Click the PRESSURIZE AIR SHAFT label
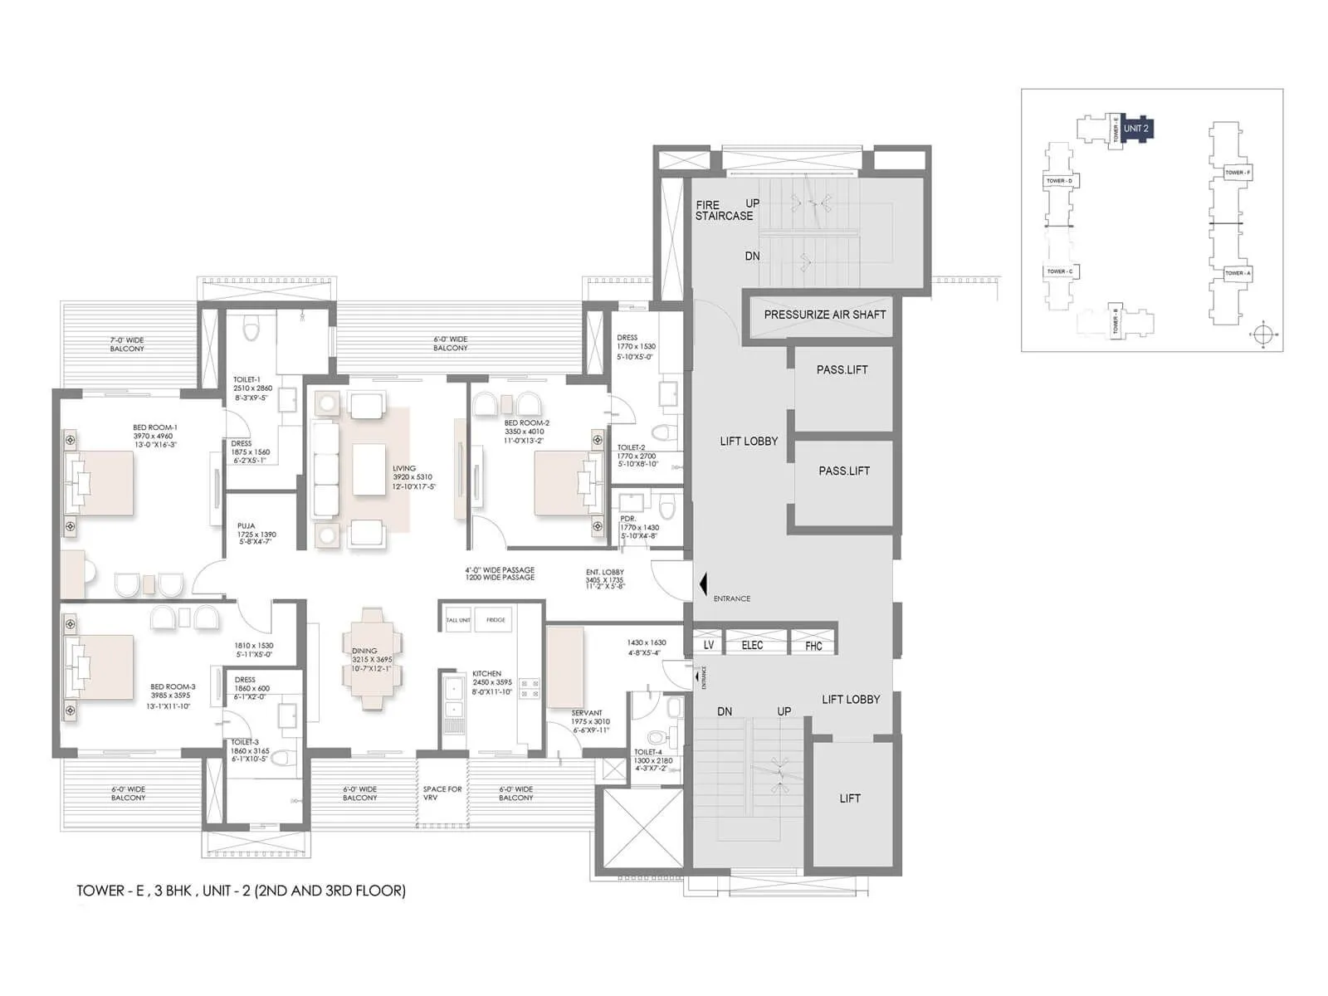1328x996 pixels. pyautogui.click(x=824, y=315)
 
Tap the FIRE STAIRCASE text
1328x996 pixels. pyautogui.click(x=725, y=210)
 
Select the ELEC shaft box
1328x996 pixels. pyautogui.click(x=752, y=645)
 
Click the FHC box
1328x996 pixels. pyautogui.click(x=813, y=646)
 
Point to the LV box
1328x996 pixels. pyautogui.click(x=709, y=645)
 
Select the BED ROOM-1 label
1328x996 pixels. pyautogui.click(x=155, y=428)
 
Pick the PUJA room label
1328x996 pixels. pyautogui.click(x=247, y=526)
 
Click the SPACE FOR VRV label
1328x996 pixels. pyautogui.click(x=442, y=793)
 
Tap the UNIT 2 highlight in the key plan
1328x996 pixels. pyautogui.click(x=1135, y=129)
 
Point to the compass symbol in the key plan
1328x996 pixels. pyautogui.click(x=1262, y=334)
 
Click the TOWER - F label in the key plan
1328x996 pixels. pyautogui.click(x=1238, y=173)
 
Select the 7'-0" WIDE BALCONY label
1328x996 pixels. pyautogui.click(x=127, y=344)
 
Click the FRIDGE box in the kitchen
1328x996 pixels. pyautogui.click(x=496, y=620)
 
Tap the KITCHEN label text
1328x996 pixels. pyautogui.click(x=486, y=674)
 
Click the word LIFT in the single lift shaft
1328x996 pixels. pyautogui.click(x=850, y=798)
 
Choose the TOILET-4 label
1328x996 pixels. pyautogui.click(x=648, y=752)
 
